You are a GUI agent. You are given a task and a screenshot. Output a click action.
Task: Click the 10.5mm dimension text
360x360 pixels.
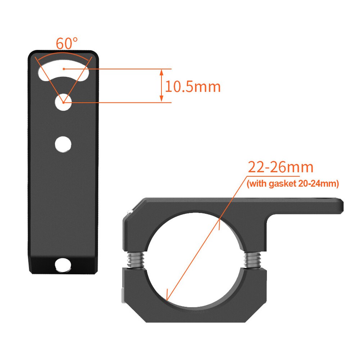[193, 87]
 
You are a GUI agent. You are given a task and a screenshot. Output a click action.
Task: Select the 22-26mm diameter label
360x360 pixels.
[281, 167]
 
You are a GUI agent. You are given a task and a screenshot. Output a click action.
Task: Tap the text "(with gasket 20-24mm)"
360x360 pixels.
[293, 184]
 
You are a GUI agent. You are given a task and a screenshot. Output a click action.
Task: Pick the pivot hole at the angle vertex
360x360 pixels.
[63, 102]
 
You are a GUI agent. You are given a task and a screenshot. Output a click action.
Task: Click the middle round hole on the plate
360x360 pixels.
[63, 144]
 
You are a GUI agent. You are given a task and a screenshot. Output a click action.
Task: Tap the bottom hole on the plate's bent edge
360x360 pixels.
[63, 265]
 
